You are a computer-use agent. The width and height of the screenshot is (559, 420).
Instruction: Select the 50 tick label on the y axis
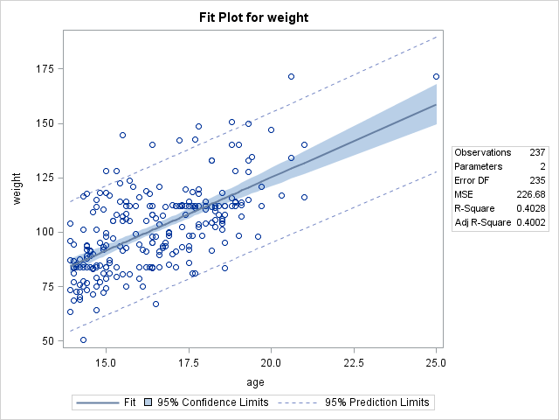tap(48, 340)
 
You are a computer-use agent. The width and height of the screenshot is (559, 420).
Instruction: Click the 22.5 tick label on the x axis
tap(354, 361)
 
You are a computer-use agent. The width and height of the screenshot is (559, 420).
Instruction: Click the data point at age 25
tap(436, 77)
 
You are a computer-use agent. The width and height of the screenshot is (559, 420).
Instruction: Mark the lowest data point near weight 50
tap(83, 339)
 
